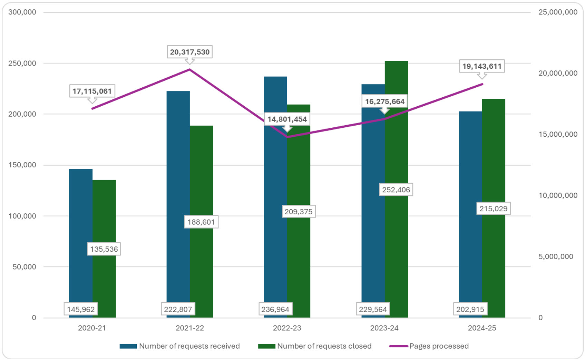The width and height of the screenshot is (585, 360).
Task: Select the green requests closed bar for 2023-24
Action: [396, 138]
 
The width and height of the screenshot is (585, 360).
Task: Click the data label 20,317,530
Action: [189, 52]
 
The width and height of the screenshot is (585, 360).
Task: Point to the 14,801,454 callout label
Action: [287, 119]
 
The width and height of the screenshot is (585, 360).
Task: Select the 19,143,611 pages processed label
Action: [481, 66]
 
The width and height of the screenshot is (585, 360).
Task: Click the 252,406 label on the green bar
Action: [396, 190]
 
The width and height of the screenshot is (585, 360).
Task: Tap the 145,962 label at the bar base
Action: [81, 309]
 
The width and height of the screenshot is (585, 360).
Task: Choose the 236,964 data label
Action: [275, 309]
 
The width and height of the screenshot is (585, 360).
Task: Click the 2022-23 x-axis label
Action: [287, 328]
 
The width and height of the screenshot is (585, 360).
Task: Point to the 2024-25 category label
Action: [482, 328]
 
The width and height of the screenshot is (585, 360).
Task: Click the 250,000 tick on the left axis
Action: [22, 63]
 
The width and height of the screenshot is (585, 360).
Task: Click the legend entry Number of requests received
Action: [189, 346]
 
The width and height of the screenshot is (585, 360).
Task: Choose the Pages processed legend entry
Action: [439, 346]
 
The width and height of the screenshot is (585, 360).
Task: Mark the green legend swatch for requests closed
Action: [266, 346]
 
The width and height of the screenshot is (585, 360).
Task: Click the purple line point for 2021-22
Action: [189, 70]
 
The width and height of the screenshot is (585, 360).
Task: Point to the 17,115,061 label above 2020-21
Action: [92, 91]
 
